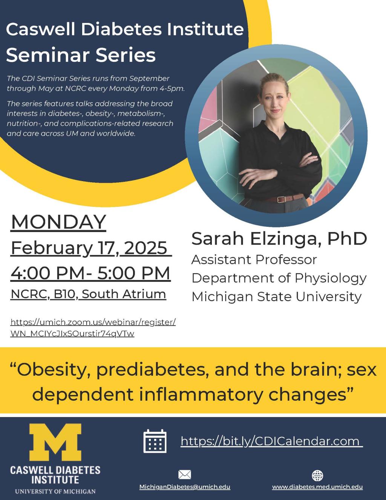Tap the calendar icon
(155, 441)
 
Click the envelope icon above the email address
(184, 475)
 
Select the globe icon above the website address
(317, 475)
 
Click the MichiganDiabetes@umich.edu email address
(185, 487)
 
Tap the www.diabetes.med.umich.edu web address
(317, 487)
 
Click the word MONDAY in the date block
(58, 222)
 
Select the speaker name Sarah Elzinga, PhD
(279, 238)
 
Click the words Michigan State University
(276, 297)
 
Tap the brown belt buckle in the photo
(280, 199)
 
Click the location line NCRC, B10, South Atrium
(88, 294)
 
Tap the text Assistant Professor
(254, 260)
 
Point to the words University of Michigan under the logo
(55, 491)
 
